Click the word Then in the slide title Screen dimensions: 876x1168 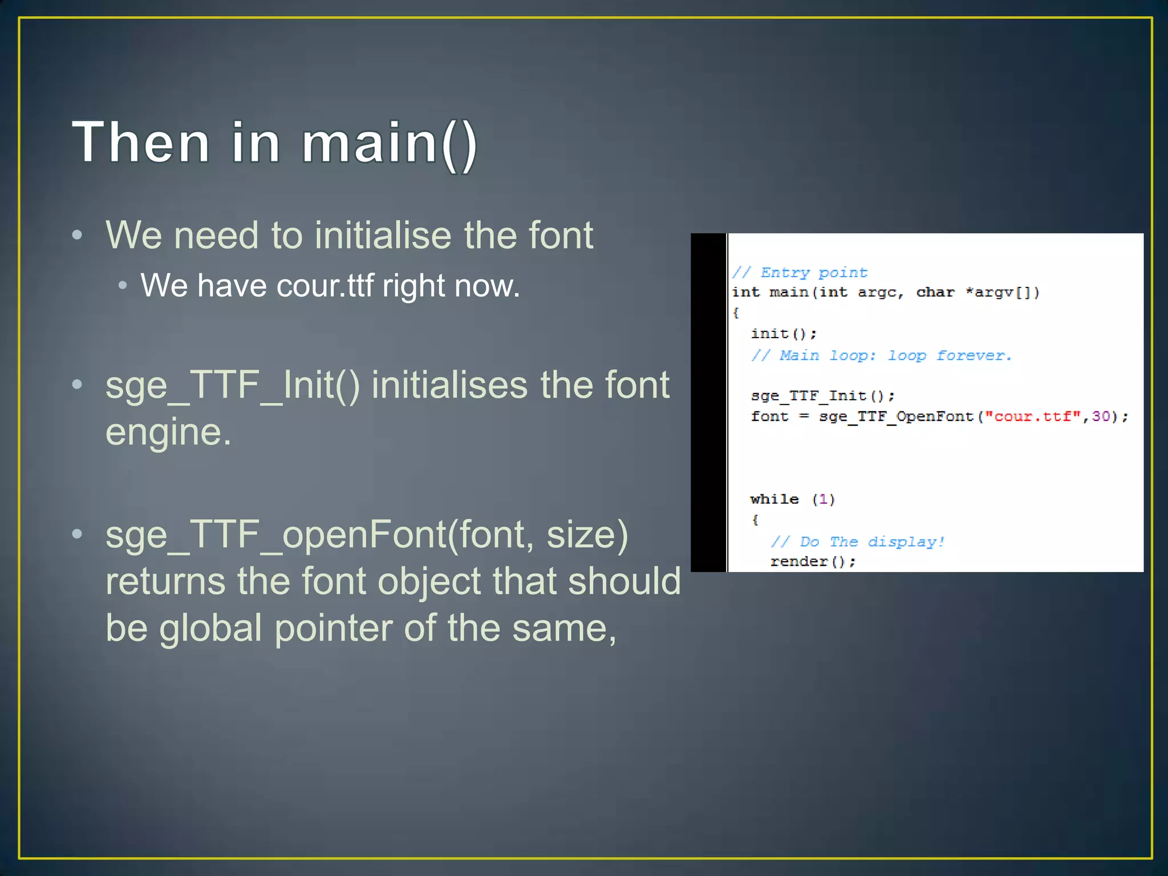141,143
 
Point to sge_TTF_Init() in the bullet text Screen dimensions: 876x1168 233,385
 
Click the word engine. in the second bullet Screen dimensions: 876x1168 168,432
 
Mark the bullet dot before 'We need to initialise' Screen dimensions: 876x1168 78,235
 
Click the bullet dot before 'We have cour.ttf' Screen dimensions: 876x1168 122,285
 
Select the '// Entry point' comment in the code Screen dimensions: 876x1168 800,273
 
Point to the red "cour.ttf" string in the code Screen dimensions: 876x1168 1033,416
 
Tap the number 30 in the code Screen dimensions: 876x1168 1100,416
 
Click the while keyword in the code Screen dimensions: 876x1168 774,500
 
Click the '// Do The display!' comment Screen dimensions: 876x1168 857,542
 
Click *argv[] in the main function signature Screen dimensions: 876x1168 1002,293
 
